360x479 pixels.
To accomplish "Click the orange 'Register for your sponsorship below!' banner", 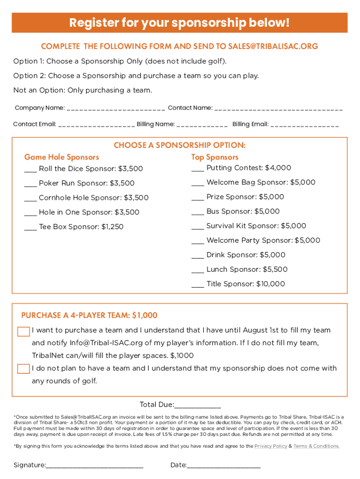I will click(180, 22).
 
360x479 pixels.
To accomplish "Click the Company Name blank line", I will click(115, 109).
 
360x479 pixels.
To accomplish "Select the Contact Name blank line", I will click(279, 109).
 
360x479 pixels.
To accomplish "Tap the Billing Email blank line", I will click(304, 125).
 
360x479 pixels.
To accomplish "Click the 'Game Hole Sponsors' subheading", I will click(62, 157).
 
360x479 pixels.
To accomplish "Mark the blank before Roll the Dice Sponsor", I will click(30, 169).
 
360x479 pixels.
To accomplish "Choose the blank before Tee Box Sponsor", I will click(30, 227).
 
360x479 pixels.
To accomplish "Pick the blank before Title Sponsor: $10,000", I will click(198, 284).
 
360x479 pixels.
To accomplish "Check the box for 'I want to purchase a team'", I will click(23, 332).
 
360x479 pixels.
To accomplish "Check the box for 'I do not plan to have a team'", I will click(23, 369).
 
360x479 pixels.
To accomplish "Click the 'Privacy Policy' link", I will click(271, 446).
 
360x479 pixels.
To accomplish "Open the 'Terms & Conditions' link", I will click(317, 446).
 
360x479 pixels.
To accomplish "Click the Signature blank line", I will click(94, 466).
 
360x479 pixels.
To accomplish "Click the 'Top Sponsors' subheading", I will click(215, 157).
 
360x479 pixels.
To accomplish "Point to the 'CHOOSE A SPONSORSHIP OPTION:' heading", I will click(180, 145).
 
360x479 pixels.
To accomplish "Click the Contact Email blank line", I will click(96, 125).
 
